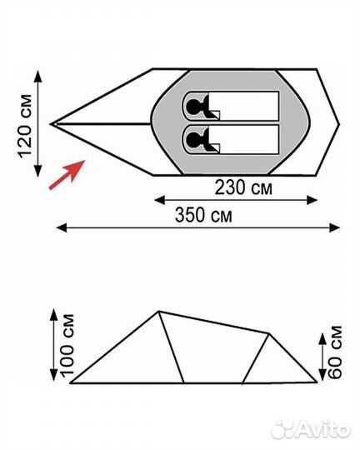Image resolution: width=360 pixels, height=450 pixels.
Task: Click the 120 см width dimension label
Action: tap(25, 126)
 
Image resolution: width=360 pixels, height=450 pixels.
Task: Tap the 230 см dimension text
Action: tap(243, 187)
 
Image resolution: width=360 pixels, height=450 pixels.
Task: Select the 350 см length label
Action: tap(203, 215)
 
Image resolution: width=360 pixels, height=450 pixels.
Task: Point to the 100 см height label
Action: tap(67, 345)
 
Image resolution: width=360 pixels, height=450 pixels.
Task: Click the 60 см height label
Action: tap(335, 352)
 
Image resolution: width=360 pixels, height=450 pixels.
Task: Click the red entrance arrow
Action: tap(67, 175)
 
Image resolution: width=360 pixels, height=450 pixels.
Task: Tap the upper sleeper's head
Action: tap(194, 107)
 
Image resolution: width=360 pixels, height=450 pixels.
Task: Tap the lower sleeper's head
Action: tap(194, 140)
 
